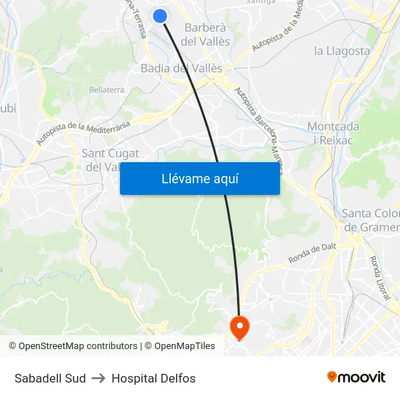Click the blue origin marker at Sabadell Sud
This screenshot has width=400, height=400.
160,16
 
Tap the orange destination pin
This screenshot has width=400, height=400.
239,326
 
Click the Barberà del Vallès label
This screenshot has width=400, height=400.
207,35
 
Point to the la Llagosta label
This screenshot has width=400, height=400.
342,51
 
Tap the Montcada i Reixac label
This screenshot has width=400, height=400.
333,132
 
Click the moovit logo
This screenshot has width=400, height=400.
356,377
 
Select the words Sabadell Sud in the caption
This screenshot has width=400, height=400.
50,378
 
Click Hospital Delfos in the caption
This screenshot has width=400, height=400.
153,378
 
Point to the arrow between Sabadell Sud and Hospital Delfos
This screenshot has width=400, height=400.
99,378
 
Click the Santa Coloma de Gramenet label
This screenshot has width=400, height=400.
371,220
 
